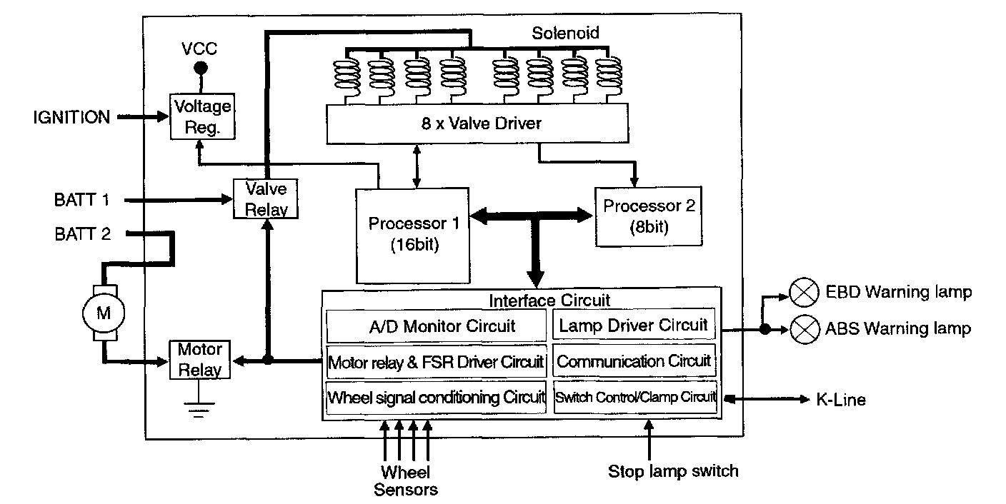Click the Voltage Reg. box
[x=203, y=116]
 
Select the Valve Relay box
[x=266, y=199]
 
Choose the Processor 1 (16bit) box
[x=414, y=233]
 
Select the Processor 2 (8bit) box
[x=649, y=216]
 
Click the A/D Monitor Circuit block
[x=437, y=326]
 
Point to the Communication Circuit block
[x=633, y=361]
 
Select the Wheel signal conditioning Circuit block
[x=437, y=397]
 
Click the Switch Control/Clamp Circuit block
[x=635, y=397]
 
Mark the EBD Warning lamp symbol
[x=803, y=292]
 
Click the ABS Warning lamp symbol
[x=803, y=329]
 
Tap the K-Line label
[x=840, y=400]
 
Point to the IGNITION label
[x=72, y=117]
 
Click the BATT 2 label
[x=83, y=233]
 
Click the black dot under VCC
[x=201, y=69]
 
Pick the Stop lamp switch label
[x=672, y=471]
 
